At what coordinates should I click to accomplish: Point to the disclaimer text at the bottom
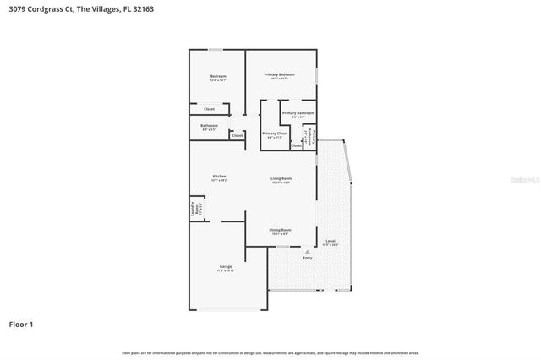click(270, 352)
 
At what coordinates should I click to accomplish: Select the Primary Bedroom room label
click(279, 75)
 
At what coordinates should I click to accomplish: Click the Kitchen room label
click(219, 176)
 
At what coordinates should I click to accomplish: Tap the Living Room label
click(281, 178)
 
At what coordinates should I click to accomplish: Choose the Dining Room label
click(280, 230)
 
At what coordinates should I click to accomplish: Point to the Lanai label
click(331, 243)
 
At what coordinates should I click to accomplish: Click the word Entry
click(307, 257)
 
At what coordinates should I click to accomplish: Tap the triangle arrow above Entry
click(307, 251)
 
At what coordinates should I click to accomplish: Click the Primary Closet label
click(275, 134)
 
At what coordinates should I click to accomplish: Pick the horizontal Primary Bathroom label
click(298, 112)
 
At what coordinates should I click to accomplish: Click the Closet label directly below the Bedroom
click(209, 109)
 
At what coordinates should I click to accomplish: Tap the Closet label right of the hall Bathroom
click(238, 135)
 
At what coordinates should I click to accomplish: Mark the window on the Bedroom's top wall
click(216, 49)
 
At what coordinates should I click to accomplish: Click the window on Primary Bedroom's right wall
click(317, 75)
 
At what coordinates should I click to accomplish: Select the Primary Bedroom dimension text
click(279, 80)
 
